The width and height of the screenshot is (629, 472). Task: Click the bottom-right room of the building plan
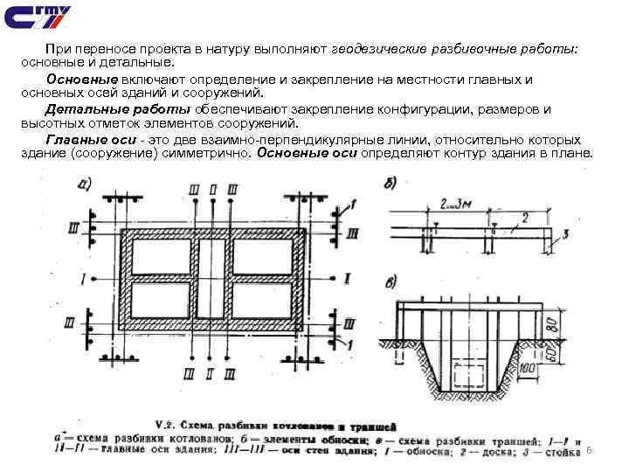pyautogui.click(x=265, y=300)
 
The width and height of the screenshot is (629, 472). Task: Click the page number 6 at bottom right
pyautogui.click(x=590, y=449)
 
